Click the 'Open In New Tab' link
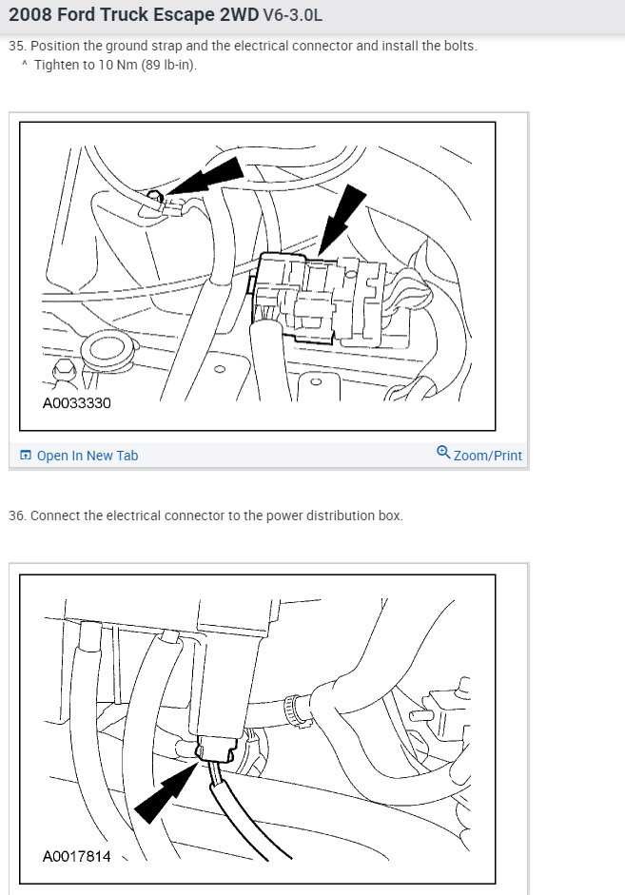pyautogui.click(x=88, y=456)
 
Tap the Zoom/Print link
pyautogui.click(x=487, y=456)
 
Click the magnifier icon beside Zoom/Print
pyautogui.click(x=443, y=453)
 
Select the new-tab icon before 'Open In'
pyautogui.click(x=25, y=455)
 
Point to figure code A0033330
pyautogui.click(x=76, y=403)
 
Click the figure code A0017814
pyautogui.click(x=76, y=856)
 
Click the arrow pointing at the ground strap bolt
pyautogui.click(x=203, y=176)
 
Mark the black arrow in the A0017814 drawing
pyautogui.click(x=166, y=794)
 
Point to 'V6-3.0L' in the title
pyautogui.click(x=292, y=15)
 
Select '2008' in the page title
pyautogui.click(x=28, y=15)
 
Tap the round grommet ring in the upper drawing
pyautogui.click(x=107, y=348)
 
